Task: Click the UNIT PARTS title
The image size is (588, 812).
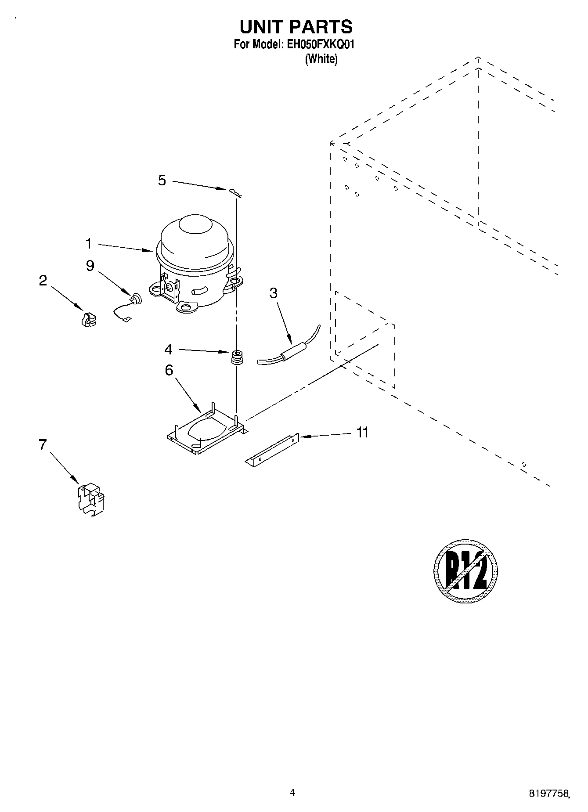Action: point(296,27)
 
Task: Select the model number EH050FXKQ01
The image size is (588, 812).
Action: point(320,44)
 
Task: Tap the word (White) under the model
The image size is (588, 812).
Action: point(321,59)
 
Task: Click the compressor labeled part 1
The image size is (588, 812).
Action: point(193,263)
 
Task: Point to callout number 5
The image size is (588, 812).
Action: point(162,180)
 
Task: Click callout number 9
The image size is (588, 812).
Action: point(90,266)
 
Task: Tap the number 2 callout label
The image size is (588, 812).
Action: point(43,281)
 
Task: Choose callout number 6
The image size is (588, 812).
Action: point(169,370)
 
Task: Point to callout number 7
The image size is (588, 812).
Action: point(43,445)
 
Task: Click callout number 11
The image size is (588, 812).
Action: point(362,433)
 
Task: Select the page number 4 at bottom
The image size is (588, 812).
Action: point(292,792)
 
